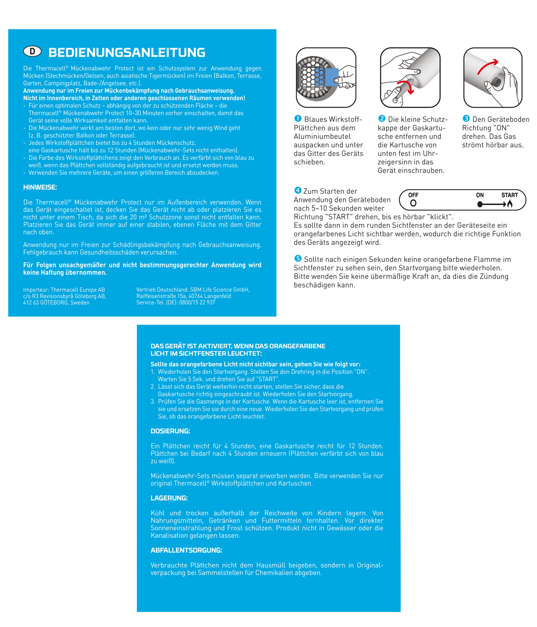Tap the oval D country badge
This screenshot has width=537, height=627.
click(x=32, y=52)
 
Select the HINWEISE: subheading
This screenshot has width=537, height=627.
click(x=40, y=187)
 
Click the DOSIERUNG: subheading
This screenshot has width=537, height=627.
click(x=170, y=431)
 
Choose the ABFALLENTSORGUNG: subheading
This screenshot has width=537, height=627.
click(x=186, y=550)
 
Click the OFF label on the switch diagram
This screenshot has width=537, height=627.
click(x=413, y=195)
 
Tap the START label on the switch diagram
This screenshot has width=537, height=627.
click(x=509, y=195)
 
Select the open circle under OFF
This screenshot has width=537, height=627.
click(x=413, y=203)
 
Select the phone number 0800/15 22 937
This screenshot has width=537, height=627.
click(x=197, y=302)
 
